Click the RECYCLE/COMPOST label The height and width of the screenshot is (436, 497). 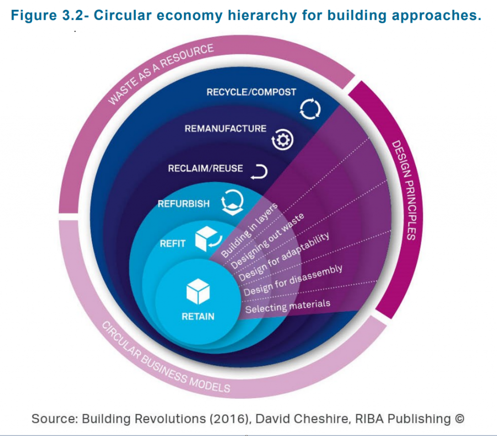[251, 92]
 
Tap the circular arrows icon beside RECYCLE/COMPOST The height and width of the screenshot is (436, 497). [310, 109]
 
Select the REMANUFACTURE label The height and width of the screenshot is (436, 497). [225, 129]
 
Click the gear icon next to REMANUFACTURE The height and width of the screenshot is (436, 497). [282, 140]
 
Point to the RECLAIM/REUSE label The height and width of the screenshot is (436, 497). [205, 168]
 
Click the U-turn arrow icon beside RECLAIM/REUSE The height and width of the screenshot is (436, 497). [259, 172]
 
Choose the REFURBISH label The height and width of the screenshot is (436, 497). [184, 204]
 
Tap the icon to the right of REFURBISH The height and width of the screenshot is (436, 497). [232, 202]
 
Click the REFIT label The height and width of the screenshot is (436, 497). [172, 243]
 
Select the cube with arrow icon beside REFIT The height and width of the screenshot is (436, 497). [208, 239]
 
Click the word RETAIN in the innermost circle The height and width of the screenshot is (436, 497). [198, 316]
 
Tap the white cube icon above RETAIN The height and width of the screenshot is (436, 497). [198, 291]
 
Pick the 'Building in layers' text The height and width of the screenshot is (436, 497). [249, 230]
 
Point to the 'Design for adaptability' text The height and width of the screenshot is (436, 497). [284, 257]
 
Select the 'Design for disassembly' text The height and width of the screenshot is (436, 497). [293, 280]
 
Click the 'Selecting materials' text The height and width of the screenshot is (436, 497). [288, 306]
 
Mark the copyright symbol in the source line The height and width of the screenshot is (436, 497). [459, 419]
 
